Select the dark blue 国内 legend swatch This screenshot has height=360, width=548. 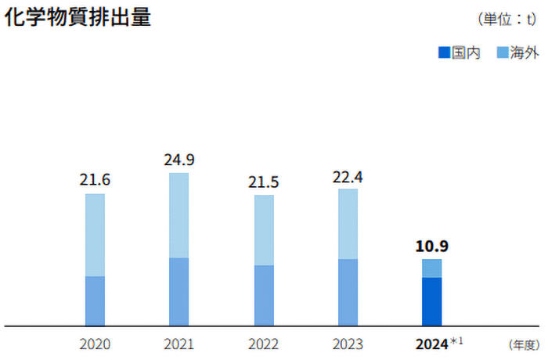pyautogui.click(x=444, y=53)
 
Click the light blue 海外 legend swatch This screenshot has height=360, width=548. pyautogui.click(x=503, y=53)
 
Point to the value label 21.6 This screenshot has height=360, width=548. pyautogui.click(x=95, y=180)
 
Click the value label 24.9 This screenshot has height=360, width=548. pyautogui.click(x=178, y=160)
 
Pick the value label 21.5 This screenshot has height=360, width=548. pyautogui.click(x=264, y=182)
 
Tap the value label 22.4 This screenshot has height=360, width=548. pyautogui.click(x=348, y=176)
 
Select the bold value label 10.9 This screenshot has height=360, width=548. pyautogui.click(x=431, y=246)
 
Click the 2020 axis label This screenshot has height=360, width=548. pyautogui.click(x=95, y=344)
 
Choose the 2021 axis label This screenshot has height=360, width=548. pyautogui.click(x=178, y=344)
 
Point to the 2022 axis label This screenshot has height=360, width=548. pyautogui.click(x=264, y=344)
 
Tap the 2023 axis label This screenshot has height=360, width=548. pyautogui.click(x=348, y=344)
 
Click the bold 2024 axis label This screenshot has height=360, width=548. pyautogui.click(x=431, y=344)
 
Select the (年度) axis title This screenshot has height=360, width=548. pyautogui.click(x=523, y=344)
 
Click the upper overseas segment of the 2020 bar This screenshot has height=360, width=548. pyautogui.click(x=95, y=235)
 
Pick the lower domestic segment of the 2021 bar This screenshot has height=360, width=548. pyautogui.click(x=178, y=291)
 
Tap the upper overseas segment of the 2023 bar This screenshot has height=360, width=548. pyautogui.click(x=348, y=224)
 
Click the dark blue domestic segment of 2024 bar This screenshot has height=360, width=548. pyautogui.click(x=431, y=301)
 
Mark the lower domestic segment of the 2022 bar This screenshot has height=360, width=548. pyautogui.click(x=264, y=295)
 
